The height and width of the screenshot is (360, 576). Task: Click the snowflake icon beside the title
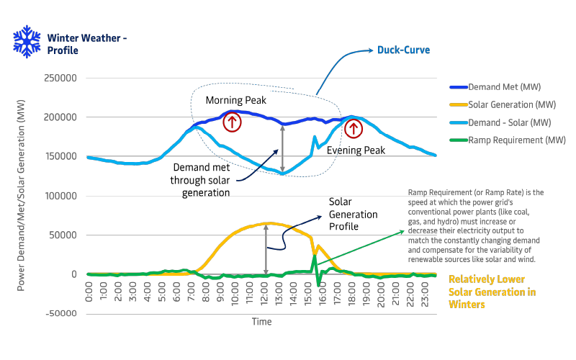pyautogui.click(x=26, y=42)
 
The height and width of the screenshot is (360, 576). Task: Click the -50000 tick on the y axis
pyautogui.click(x=62, y=313)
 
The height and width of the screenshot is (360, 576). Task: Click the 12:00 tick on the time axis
pyautogui.click(x=267, y=292)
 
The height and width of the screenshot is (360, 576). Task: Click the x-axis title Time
pyautogui.click(x=261, y=322)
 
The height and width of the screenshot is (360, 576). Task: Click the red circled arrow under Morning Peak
pyautogui.click(x=232, y=122)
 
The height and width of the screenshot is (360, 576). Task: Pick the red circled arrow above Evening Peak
pyautogui.click(x=353, y=129)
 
